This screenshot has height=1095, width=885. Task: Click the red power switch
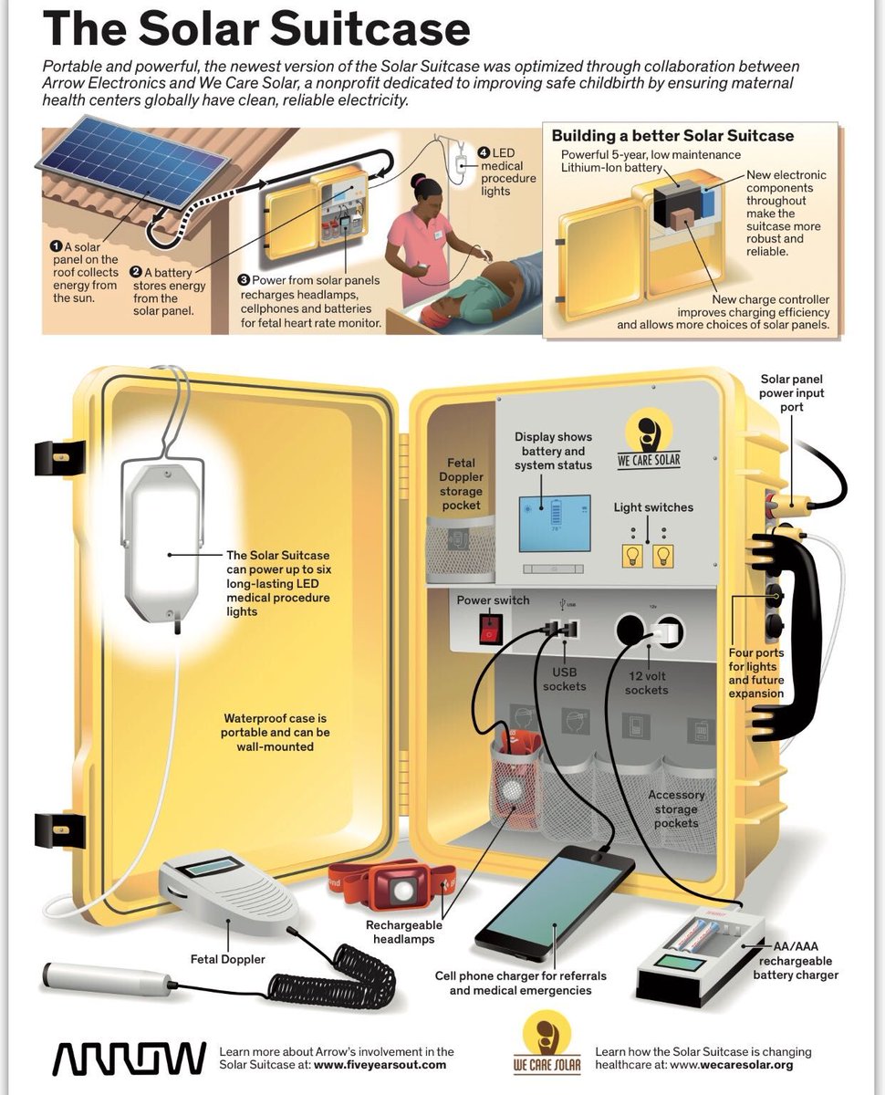point(492,626)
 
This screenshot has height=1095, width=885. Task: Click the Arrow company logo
point(129,1058)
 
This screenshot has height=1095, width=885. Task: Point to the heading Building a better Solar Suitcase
point(672,136)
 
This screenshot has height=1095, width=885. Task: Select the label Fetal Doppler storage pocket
point(461,485)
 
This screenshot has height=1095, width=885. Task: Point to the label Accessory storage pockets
point(676,808)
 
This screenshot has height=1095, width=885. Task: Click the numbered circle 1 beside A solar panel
point(57,246)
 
